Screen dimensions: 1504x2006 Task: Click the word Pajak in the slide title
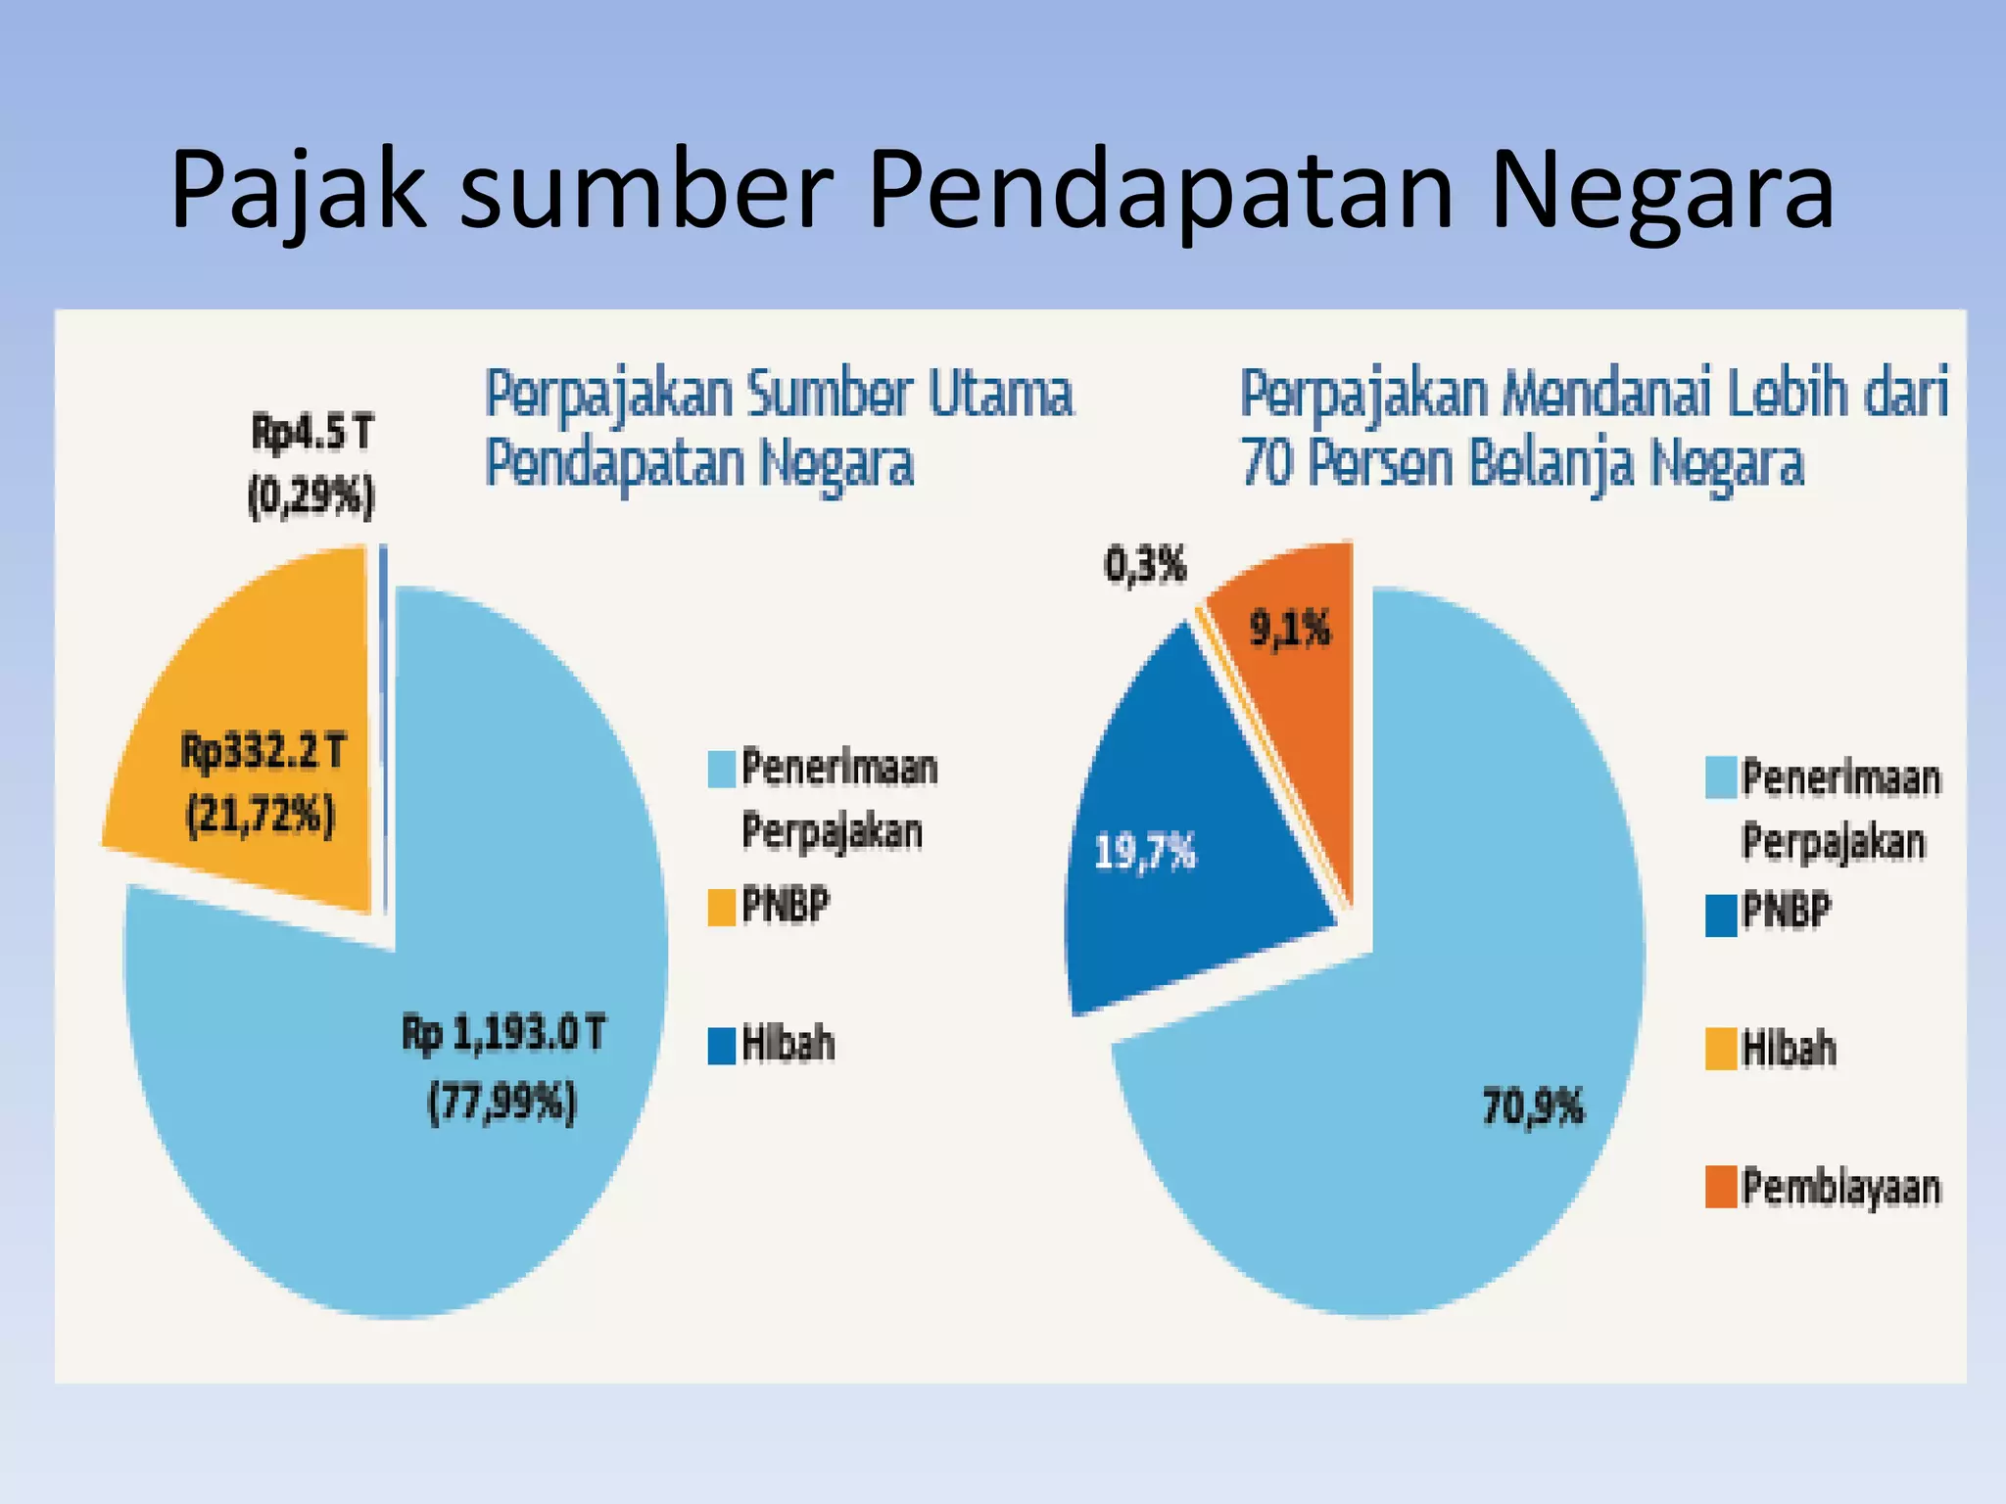[299, 191]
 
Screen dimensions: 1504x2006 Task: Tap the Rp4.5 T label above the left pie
[312, 432]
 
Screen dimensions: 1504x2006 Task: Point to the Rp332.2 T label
[263, 752]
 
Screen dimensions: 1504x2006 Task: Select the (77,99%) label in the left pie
[502, 1104]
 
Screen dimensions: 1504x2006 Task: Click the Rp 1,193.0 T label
[504, 1034]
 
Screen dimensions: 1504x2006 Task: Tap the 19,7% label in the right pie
[1144, 852]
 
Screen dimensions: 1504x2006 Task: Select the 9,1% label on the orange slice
[1290, 629]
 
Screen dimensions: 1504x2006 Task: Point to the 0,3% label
[1145, 565]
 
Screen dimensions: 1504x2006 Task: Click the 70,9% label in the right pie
[1533, 1107]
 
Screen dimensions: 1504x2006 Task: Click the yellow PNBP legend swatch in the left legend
[722, 907]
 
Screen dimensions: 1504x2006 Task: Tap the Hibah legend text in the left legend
[788, 1044]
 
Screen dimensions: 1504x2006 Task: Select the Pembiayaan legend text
[1840, 1188]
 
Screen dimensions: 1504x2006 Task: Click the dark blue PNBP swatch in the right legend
[1721, 916]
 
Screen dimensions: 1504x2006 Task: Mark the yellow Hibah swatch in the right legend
[1721, 1049]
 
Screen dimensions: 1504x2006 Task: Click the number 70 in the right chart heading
[1266, 463]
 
